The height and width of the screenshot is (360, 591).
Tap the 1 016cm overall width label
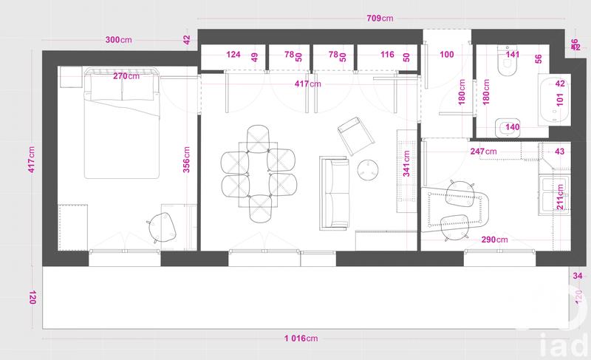tap(301, 339)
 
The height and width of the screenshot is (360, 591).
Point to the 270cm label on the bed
tap(125, 76)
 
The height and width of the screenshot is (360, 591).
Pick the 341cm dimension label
tap(406, 160)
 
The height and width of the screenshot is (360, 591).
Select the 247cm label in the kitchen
tap(483, 152)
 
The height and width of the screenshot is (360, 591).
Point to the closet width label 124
tap(233, 55)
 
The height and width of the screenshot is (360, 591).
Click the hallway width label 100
tap(447, 55)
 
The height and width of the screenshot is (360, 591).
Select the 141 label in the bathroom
tap(512, 55)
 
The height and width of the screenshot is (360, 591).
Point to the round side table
tap(368, 170)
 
